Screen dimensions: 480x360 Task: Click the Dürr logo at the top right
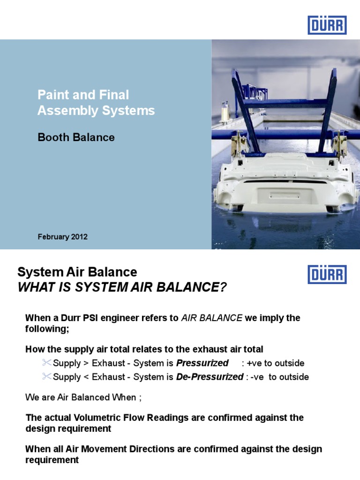[327, 25]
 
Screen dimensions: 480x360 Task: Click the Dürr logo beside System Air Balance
[327, 274]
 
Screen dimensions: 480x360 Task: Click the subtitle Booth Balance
[76, 137]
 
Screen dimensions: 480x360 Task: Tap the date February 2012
[62, 237]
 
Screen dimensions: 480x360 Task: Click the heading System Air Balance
[77, 272]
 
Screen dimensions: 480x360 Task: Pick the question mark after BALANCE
[223, 287]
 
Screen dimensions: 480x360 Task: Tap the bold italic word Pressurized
[202, 363]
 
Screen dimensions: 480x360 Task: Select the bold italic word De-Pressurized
[210, 377]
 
